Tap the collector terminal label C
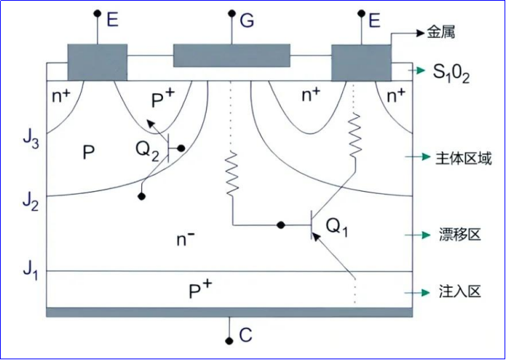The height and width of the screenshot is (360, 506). (x=245, y=336)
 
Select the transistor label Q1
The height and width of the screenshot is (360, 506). (x=337, y=227)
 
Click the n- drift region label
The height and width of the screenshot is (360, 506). (x=184, y=238)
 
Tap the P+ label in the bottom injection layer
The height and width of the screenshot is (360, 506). (x=199, y=290)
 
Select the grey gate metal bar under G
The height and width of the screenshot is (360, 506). (x=231, y=55)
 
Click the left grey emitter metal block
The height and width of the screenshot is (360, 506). (x=97, y=62)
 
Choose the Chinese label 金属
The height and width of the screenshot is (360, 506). (x=442, y=33)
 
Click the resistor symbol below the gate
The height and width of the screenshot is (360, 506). (x=233, y=173)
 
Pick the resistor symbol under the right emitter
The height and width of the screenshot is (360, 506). (x=355, y=136)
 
